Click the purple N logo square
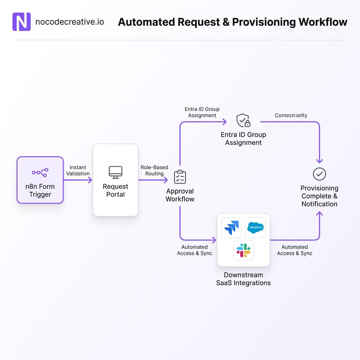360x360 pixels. (21, 22)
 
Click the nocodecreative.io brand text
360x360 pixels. (70, 22)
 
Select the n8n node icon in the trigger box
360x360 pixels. (40, 172)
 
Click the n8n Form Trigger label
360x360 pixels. (40, 190)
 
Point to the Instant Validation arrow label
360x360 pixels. (78, 171)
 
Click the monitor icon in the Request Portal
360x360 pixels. (115, 172)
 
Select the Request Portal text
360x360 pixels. (115, 190)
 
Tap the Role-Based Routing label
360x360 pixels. (154, 171)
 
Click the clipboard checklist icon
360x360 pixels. (180, 177)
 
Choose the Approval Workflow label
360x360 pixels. (180, 195)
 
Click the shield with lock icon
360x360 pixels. (243, 120)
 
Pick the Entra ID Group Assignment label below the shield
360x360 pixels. (243, 139)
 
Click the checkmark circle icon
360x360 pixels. (319, 174)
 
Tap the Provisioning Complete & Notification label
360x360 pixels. (319, 196)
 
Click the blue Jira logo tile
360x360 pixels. (231, 227)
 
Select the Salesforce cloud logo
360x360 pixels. (255, 227)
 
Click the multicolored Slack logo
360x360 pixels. (243, 250)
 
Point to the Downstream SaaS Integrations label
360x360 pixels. (243, 279)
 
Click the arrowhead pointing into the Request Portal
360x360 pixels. (90, 180)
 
